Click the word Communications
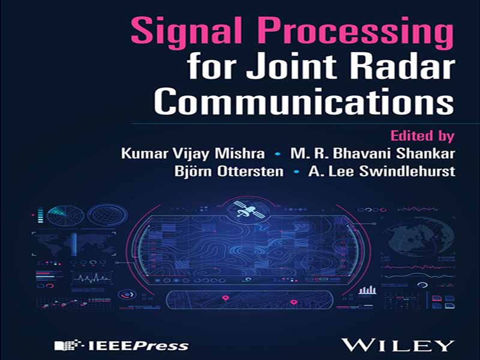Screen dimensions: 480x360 tap(304, 100)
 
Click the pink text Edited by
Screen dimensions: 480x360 tap(422, 136)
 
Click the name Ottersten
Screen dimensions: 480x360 tap(250, 171)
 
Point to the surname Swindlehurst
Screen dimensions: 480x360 tap(407, 171)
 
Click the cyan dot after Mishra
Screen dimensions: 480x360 tap(278, 154)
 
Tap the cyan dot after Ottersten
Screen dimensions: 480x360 tap(296, 172)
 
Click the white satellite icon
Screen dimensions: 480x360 tap(249, 209)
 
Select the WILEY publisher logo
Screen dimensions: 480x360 tap(397, 345)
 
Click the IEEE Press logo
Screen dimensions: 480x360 tap(122, 346)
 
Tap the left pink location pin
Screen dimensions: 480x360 tap(226, 298)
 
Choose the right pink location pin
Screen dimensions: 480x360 tap(294, 302)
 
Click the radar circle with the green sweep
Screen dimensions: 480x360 tap(66, 215)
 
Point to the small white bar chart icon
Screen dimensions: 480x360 tap(367, 289)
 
